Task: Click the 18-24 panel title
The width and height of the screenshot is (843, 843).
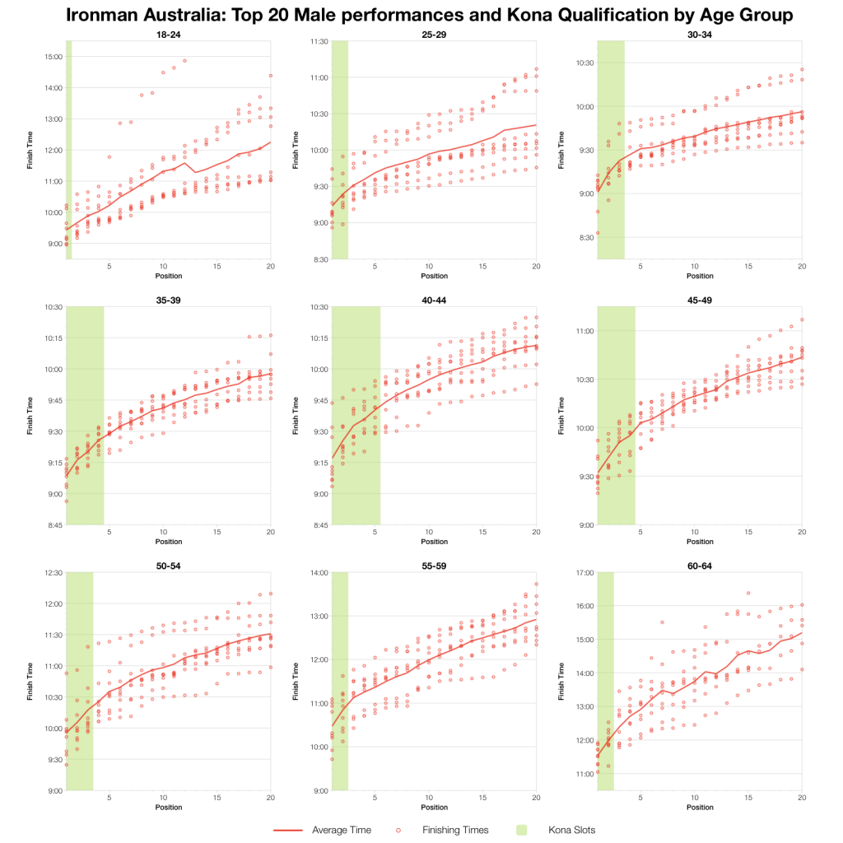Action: [x=168, y=34]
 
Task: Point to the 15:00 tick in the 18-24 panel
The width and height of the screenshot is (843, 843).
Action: [x=54, y=56]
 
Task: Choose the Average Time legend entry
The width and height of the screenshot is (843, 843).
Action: [x=341, y=830]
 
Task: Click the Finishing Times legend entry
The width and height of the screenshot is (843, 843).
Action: [x=454, y=830]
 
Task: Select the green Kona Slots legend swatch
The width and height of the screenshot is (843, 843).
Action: [x=536, y=830]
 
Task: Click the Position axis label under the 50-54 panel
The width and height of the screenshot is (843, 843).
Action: [x=168, y=807]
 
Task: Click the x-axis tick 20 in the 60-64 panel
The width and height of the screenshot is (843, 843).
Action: [x=802, y=798]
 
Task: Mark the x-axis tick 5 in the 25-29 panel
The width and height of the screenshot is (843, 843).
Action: [x=375, y=267]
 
